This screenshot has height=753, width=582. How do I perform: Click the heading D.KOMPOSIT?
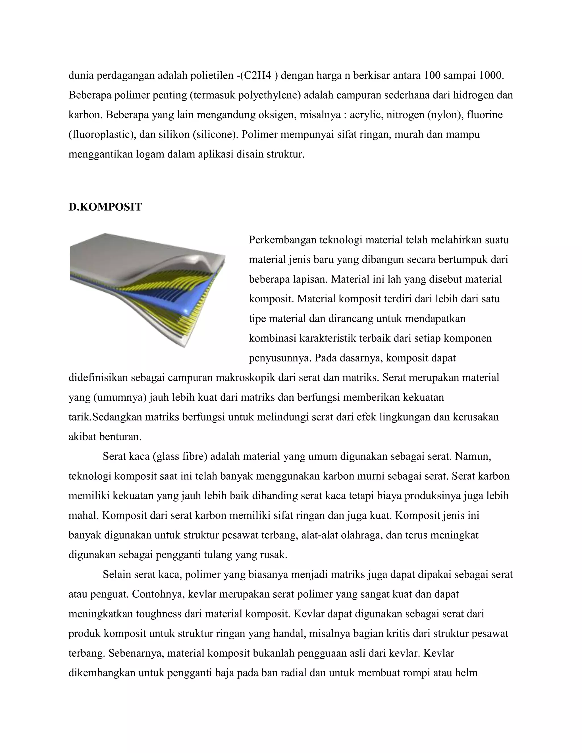click(105, 207)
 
